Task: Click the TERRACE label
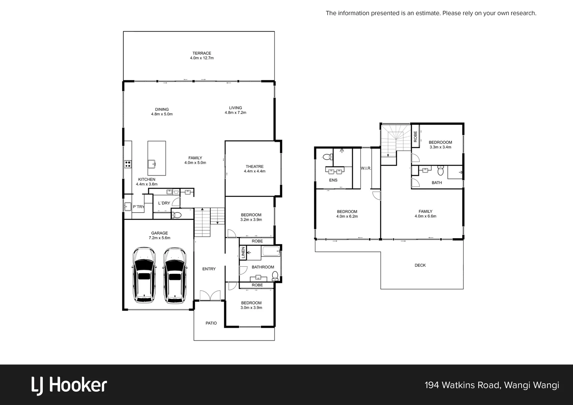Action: (202, 53)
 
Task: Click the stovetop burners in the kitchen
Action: (128, 163)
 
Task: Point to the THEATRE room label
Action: (255, 166)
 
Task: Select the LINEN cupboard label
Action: (243, 252)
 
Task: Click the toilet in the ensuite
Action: (326, 157)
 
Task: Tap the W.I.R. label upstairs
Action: (366, 168)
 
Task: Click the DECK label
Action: (420, 265)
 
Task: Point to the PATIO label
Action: (211, 323)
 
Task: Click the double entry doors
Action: (209, 295)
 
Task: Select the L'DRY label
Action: (164, 203)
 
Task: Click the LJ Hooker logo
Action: (69, 385)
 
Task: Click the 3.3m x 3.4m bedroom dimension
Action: (440, 147)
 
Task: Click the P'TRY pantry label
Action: (138, 207)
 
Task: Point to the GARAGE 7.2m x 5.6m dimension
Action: (159, 238)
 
